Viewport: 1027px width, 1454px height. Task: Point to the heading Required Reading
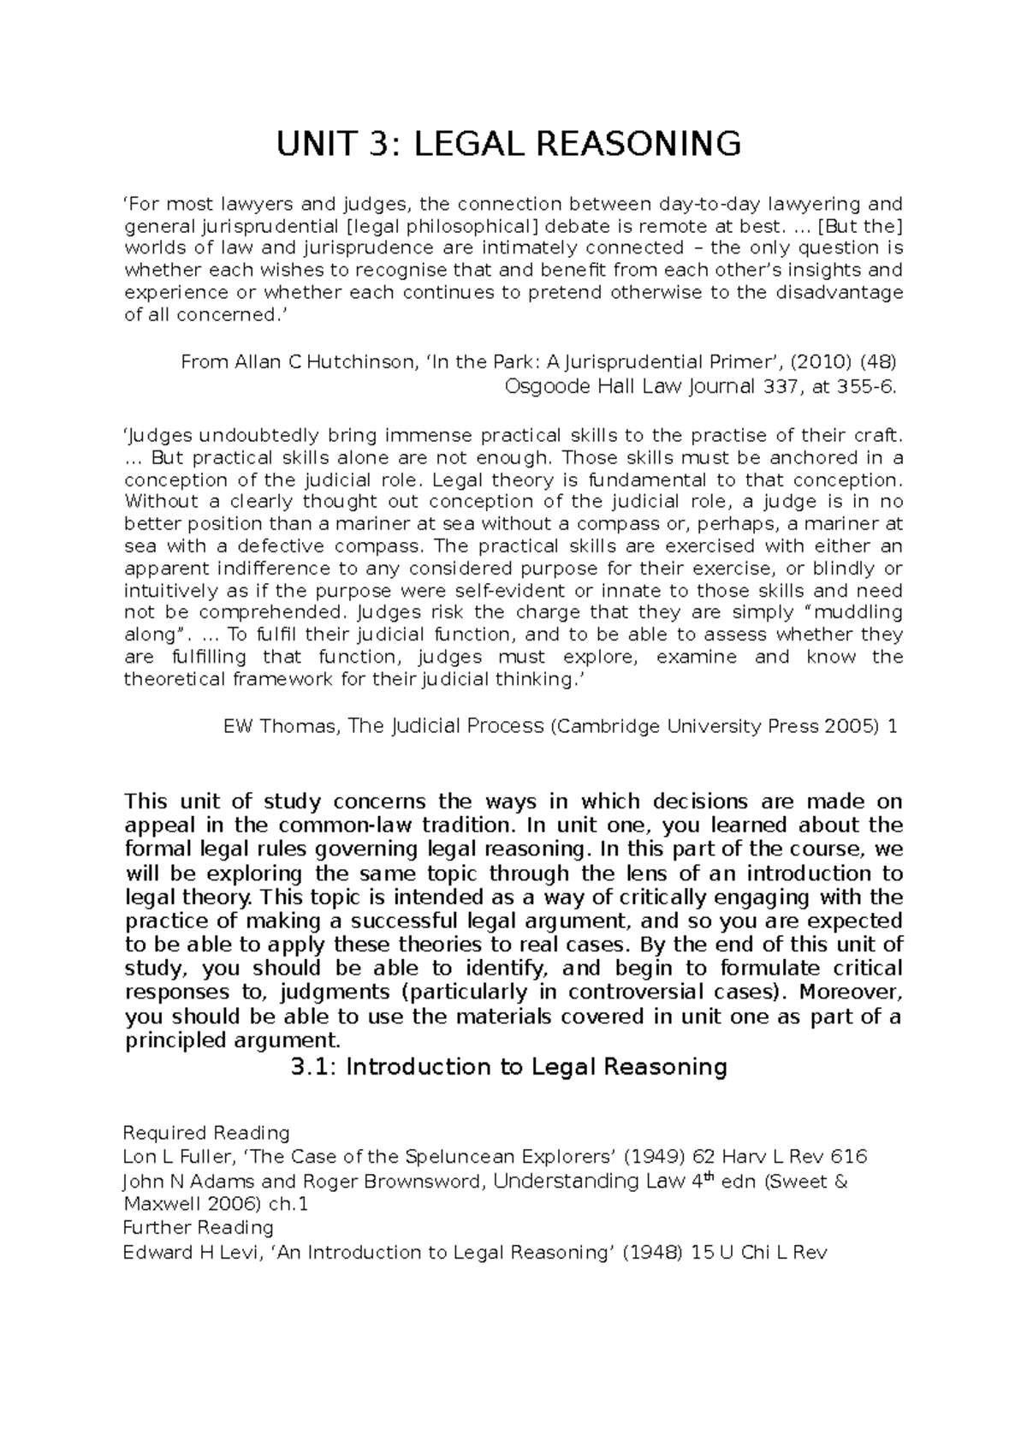point(206,1134)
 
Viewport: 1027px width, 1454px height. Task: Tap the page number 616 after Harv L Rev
point(851,1158)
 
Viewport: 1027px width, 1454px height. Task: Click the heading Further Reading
point(198,1228)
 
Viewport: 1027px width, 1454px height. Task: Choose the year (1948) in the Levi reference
point(650,1253)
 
